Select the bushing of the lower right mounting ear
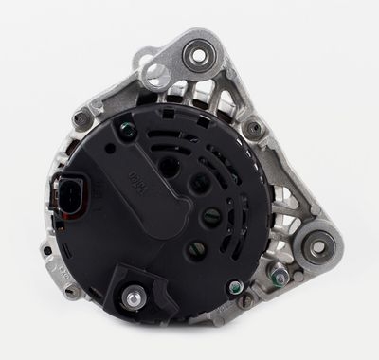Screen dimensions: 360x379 tap(317, 246)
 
